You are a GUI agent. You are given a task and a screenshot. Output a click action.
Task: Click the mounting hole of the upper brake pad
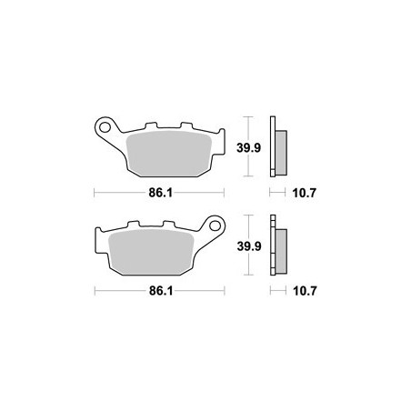105,127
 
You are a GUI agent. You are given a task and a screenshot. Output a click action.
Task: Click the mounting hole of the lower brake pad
215,226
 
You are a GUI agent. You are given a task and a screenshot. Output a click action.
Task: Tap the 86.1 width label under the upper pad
160,193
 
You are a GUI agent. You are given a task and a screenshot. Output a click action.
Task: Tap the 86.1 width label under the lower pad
161,291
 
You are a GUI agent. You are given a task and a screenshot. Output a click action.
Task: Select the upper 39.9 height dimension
248,148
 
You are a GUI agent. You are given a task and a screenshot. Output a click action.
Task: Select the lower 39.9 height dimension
249,246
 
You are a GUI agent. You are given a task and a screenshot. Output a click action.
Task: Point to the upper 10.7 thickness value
304,193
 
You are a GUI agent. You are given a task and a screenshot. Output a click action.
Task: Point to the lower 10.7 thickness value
305,291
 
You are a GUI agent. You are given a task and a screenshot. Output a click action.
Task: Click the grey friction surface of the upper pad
169,154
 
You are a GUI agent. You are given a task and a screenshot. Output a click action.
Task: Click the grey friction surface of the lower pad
151,252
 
